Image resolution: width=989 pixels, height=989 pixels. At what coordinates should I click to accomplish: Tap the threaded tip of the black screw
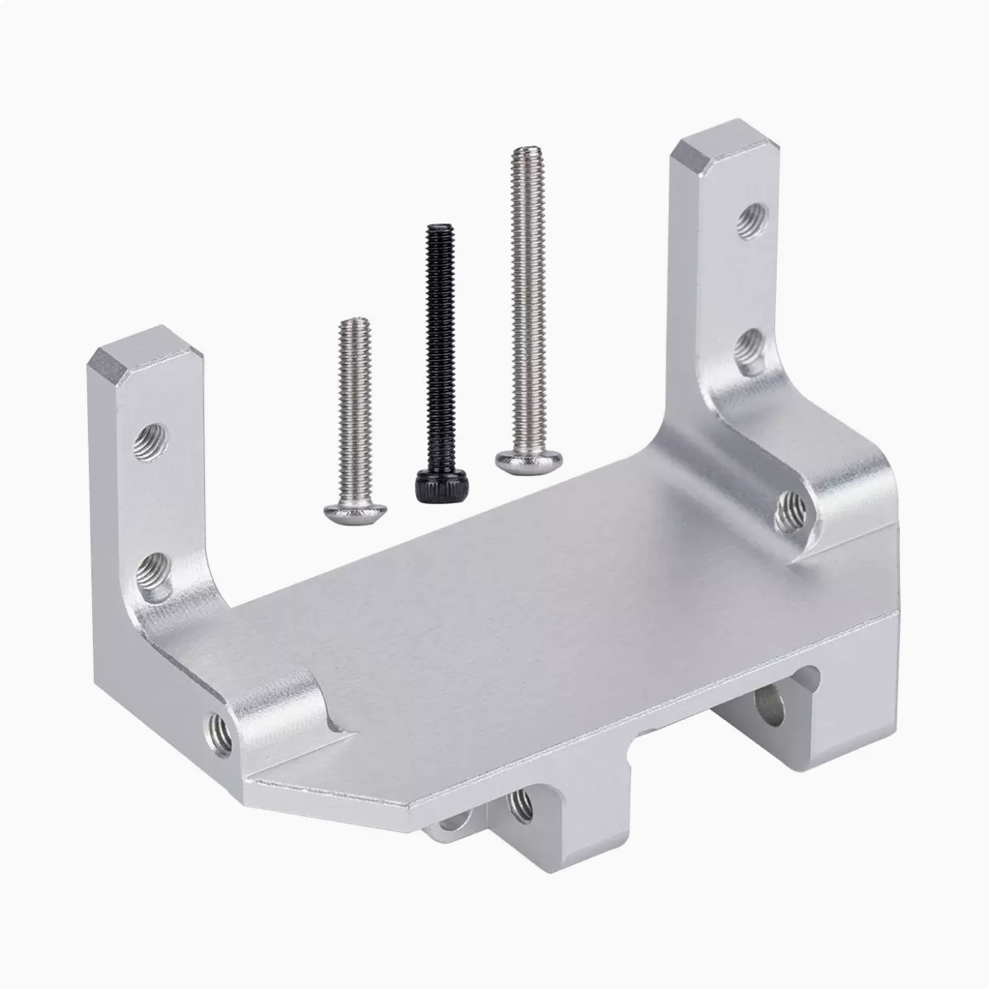coord(438,231)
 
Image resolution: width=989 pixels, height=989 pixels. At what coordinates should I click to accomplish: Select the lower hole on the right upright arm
coord(750,350)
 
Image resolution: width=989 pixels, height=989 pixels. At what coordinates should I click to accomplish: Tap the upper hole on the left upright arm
coord(150,441)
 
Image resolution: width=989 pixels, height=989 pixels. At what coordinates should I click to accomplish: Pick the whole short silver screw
coord(355,421)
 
